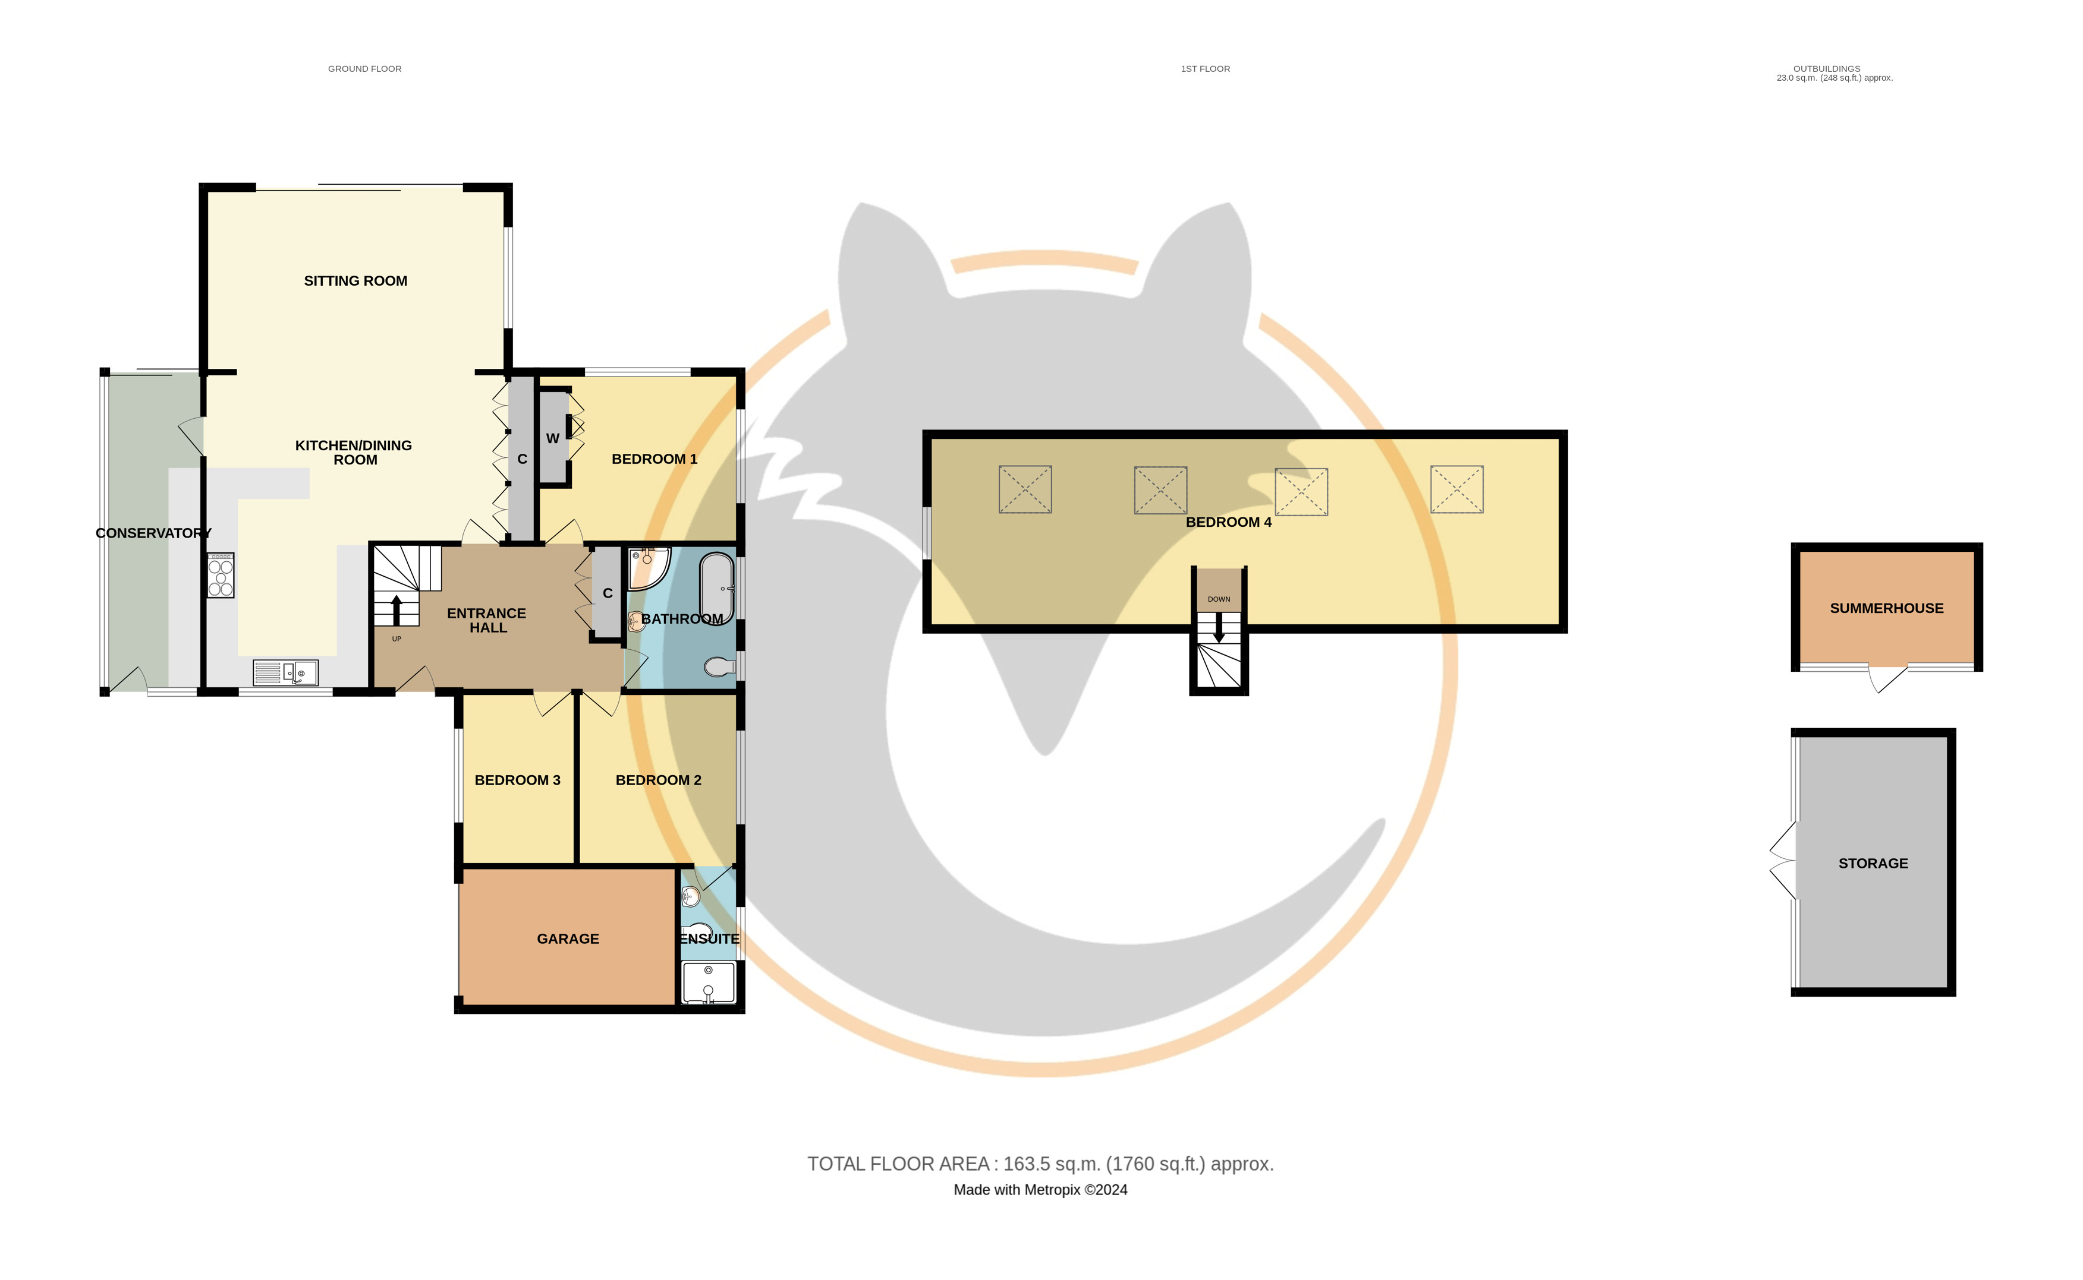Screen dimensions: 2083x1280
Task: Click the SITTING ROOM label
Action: click(355, 281)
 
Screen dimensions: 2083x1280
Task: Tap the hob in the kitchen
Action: click(221, 576)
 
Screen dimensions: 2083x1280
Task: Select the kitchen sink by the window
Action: click(285, 673)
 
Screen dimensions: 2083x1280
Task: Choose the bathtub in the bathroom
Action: click(717, 587)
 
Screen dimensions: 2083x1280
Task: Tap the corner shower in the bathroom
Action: click(649, 568)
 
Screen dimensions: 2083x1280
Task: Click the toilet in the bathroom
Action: click(720, 668)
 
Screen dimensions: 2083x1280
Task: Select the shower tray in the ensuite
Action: click(709, 982)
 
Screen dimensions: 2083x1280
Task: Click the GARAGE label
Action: click(568, 939)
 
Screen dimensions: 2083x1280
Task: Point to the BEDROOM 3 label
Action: click(518, 780)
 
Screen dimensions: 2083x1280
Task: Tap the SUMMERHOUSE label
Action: click(1886, 609)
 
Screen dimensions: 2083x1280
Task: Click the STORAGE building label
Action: click(1873, 864)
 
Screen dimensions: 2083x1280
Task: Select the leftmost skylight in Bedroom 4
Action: click(1025, 489)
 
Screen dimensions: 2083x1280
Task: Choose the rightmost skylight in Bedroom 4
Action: click(1457, 489)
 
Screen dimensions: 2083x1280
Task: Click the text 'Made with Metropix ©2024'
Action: click(1040, 1190)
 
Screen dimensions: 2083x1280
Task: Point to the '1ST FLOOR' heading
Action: click(1206, 68)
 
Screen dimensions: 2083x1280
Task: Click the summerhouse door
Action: click(1888, 679)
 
